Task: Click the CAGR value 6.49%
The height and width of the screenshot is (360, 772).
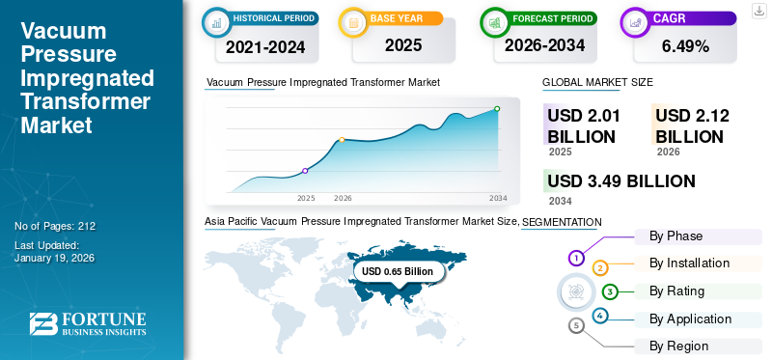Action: pyautogui.click(x=686, y=45)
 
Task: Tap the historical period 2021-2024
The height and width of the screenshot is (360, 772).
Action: pyautogui.click(x=264, y=45)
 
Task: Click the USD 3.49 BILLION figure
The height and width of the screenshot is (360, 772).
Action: pyautogui.click(x=620, y=181)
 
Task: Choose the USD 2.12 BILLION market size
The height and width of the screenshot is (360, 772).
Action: pyautogui.click(x=692, y=126)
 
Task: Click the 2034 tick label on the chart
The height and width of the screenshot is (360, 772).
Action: pyautogui.click(x=498, y=198)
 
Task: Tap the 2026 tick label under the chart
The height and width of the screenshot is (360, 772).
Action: pyautogui.click(x=343, y=198)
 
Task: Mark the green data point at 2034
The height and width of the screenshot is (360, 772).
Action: pyautogui.click(x=497, y=109)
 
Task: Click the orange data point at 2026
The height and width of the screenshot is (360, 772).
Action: pyautogui.click(x=342, y=140)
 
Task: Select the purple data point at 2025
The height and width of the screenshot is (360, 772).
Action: pyautogui.click(x=305, y=171)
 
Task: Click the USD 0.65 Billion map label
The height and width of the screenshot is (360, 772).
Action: pyautogui.click(x=398, y=272)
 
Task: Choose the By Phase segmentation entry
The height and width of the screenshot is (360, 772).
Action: pyautogui.click(x=675, y=236)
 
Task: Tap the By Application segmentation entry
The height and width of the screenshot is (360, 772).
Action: pyautogui.click(x=690, y=318)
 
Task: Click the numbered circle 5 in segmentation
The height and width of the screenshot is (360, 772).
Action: pyautogui.click(x=577, y=326)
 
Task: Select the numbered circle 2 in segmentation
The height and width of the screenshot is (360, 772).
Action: pyautogui.click(x=600, y=267)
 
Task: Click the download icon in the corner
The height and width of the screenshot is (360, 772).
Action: pyautogui.click(x=758, y=10)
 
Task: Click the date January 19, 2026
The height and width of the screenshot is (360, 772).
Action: pyautogui.click(x=54, y=258)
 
